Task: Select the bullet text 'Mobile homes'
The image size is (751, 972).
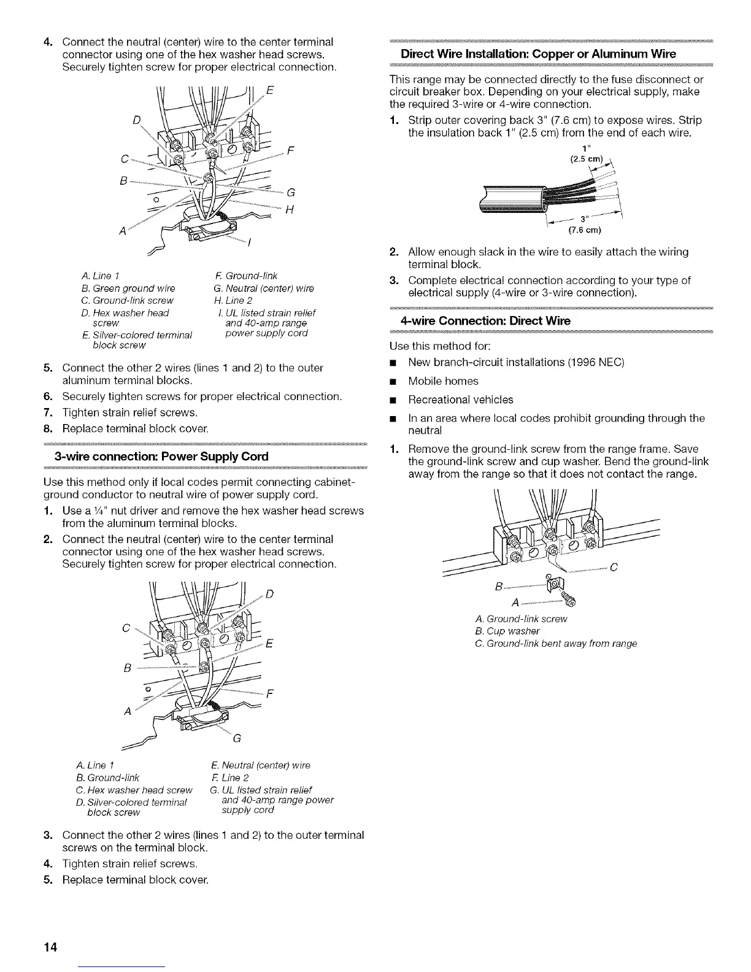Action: pos(443,381)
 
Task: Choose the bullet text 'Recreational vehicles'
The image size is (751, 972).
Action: pos(460,400)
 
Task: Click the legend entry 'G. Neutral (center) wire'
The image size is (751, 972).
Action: pos(264,288)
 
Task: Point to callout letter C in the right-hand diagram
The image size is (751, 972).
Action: pos(614,567)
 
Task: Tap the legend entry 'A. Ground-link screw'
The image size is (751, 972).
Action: pos(521,619)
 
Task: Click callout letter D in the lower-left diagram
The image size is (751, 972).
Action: pos(271,593)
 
